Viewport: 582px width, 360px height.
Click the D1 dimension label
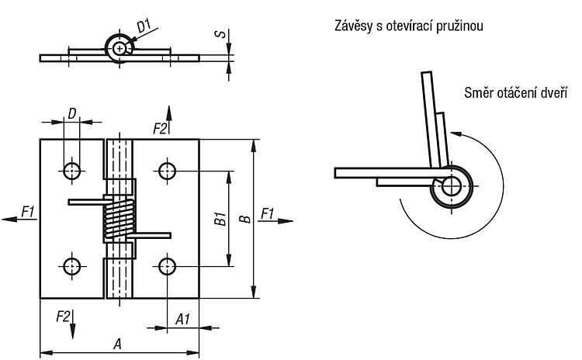click(x=144, y=26)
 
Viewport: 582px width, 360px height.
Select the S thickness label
click(x=220, y=34)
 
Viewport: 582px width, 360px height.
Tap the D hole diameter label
click(x=72, y=113)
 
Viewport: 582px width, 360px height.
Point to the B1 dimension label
click(x=220, y=219)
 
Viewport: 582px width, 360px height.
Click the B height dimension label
click(x=245, y=219)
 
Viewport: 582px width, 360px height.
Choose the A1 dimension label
click(x=182, y=319)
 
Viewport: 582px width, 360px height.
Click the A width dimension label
click(x=117, y=344)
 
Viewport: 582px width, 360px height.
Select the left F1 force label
click(x=27, y=212)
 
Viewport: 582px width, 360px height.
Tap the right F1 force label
click(x=267, y=213)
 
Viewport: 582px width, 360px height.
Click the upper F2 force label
click(x=160, y=129)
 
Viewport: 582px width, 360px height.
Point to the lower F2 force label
click(x=63, y=317)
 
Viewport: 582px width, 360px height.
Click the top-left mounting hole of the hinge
click(x=71, y=171)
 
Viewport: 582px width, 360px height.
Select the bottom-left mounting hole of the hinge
click(x=71, y=266)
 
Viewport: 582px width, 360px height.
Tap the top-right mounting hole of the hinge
click(x=167, y=171)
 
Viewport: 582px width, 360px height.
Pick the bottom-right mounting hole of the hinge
click(x=167, y=266)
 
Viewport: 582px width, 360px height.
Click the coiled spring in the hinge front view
click(x=120, y=219)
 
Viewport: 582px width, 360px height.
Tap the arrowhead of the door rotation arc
click(x=456, y=133)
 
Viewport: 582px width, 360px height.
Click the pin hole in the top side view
click(x=120, y=48)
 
